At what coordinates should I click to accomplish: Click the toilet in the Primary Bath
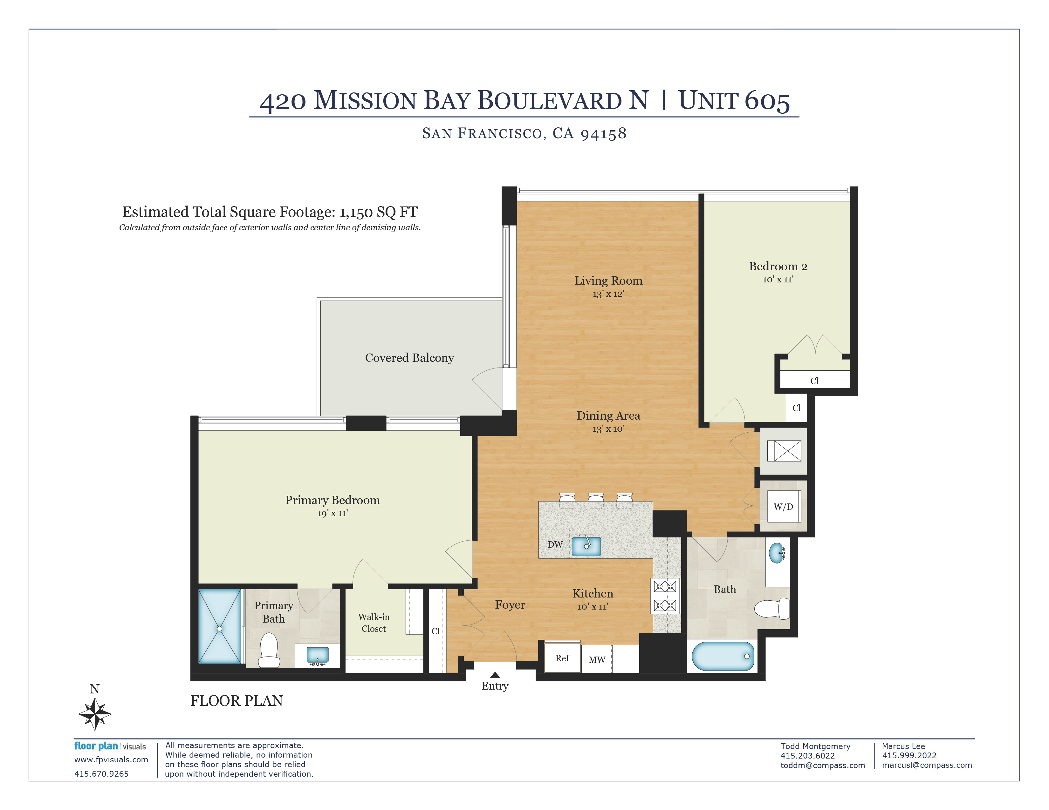269,650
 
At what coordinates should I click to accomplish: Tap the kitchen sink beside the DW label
586,546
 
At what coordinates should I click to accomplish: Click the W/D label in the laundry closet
783,507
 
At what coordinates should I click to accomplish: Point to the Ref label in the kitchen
562,658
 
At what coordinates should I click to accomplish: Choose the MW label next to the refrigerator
597,660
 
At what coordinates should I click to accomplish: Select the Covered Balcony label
409,358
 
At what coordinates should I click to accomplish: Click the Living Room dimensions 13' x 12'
608,294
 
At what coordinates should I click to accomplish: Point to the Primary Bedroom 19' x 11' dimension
333,513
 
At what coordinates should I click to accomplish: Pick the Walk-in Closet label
374,623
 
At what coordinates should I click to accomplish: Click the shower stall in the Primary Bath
220,627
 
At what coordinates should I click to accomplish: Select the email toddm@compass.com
823,766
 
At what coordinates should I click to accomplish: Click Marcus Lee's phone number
909,756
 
